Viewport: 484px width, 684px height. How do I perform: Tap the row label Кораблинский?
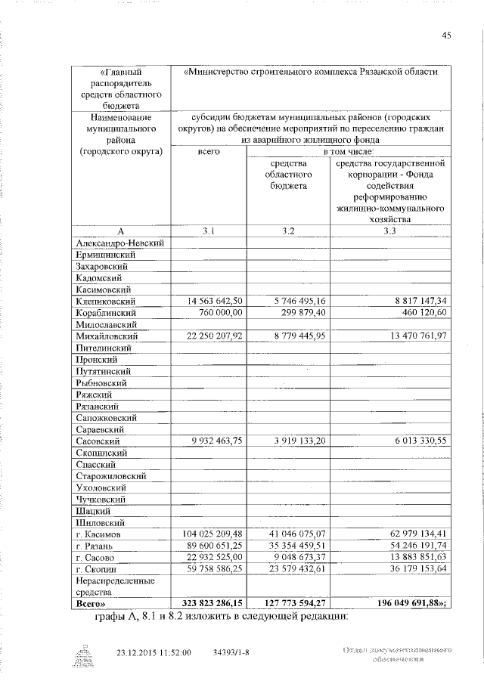point(105,312)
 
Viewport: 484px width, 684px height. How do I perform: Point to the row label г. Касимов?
point(99,534)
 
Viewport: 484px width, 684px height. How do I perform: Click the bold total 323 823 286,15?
point(206,604)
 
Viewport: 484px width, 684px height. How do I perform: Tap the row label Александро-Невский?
point(120,243)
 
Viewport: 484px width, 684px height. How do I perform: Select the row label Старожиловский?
point(111,476)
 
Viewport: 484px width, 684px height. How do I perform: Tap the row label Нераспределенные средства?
point(112,587)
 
